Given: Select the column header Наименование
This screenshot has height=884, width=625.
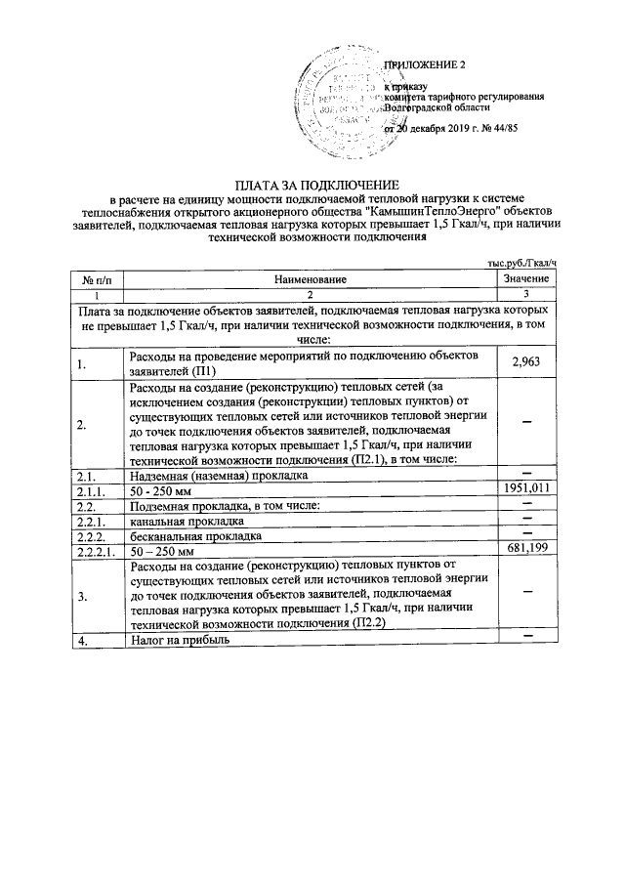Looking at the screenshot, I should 311,280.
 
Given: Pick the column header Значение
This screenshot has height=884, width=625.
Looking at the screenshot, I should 526,280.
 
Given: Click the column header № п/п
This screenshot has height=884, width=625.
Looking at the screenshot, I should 96,280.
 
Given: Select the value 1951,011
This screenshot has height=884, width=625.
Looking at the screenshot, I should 526,488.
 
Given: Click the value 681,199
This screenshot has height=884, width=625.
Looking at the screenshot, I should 526,550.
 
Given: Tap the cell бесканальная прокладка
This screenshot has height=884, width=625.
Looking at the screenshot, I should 194,535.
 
